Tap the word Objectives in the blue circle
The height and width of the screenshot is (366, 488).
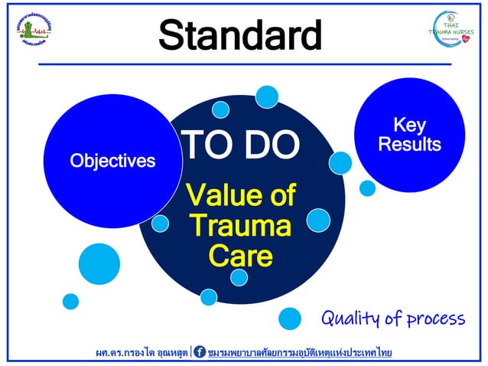(x=112, y=161)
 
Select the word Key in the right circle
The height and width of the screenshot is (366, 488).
(x=409, y=125)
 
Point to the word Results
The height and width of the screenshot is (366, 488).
(x=409, y=144)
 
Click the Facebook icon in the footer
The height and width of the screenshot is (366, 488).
(x=200, y=352)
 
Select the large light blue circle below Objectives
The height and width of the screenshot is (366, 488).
(x=99, y=263)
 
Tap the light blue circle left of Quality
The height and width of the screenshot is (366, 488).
(x=290, y=318)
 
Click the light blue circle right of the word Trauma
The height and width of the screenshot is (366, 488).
(x=317, y=221)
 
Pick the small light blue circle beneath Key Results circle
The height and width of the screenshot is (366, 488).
(x=367, y=188)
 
